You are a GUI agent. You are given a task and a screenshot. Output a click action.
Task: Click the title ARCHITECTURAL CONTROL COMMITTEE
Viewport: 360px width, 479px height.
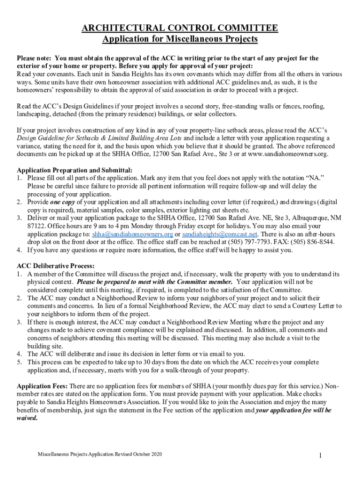(x=180, y=29)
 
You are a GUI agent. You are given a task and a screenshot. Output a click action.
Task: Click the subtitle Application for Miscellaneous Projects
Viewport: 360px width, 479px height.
(x=180, y=39)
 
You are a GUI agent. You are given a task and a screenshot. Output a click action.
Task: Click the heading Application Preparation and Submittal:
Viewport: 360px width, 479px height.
(x=75, y=170)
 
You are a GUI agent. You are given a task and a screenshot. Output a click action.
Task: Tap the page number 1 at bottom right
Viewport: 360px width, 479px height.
(x=320, y=456)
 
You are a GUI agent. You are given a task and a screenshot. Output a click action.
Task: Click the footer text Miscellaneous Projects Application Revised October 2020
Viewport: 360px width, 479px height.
(x=100, y=454)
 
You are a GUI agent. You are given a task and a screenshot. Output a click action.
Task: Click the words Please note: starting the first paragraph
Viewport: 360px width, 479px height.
(x=35, y=58)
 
